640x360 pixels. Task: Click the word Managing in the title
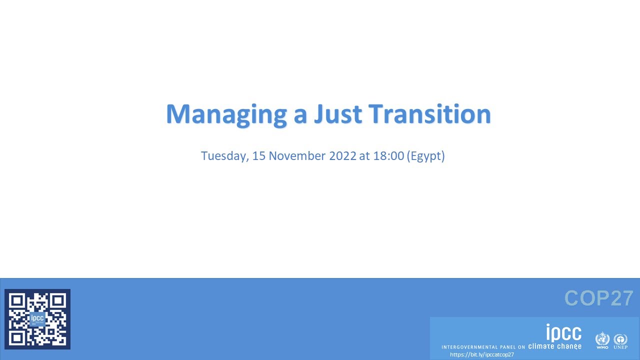point(226,114)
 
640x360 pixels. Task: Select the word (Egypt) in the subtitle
point(425,156)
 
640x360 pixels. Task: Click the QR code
point(37,319)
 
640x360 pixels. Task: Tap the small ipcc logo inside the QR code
point(37,318)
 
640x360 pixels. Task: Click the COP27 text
point(598,298)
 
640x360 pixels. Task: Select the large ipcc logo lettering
point(563,332)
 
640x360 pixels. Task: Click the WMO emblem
point(602,340)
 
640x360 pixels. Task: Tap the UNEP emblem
point(620,340)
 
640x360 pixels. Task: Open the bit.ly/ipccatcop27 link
point(481,354)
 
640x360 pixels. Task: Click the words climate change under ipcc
point(554,346)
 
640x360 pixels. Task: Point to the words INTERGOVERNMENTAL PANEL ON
point(483,347)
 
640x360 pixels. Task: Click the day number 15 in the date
point(258,155)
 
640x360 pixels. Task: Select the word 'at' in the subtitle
point(364,155)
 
